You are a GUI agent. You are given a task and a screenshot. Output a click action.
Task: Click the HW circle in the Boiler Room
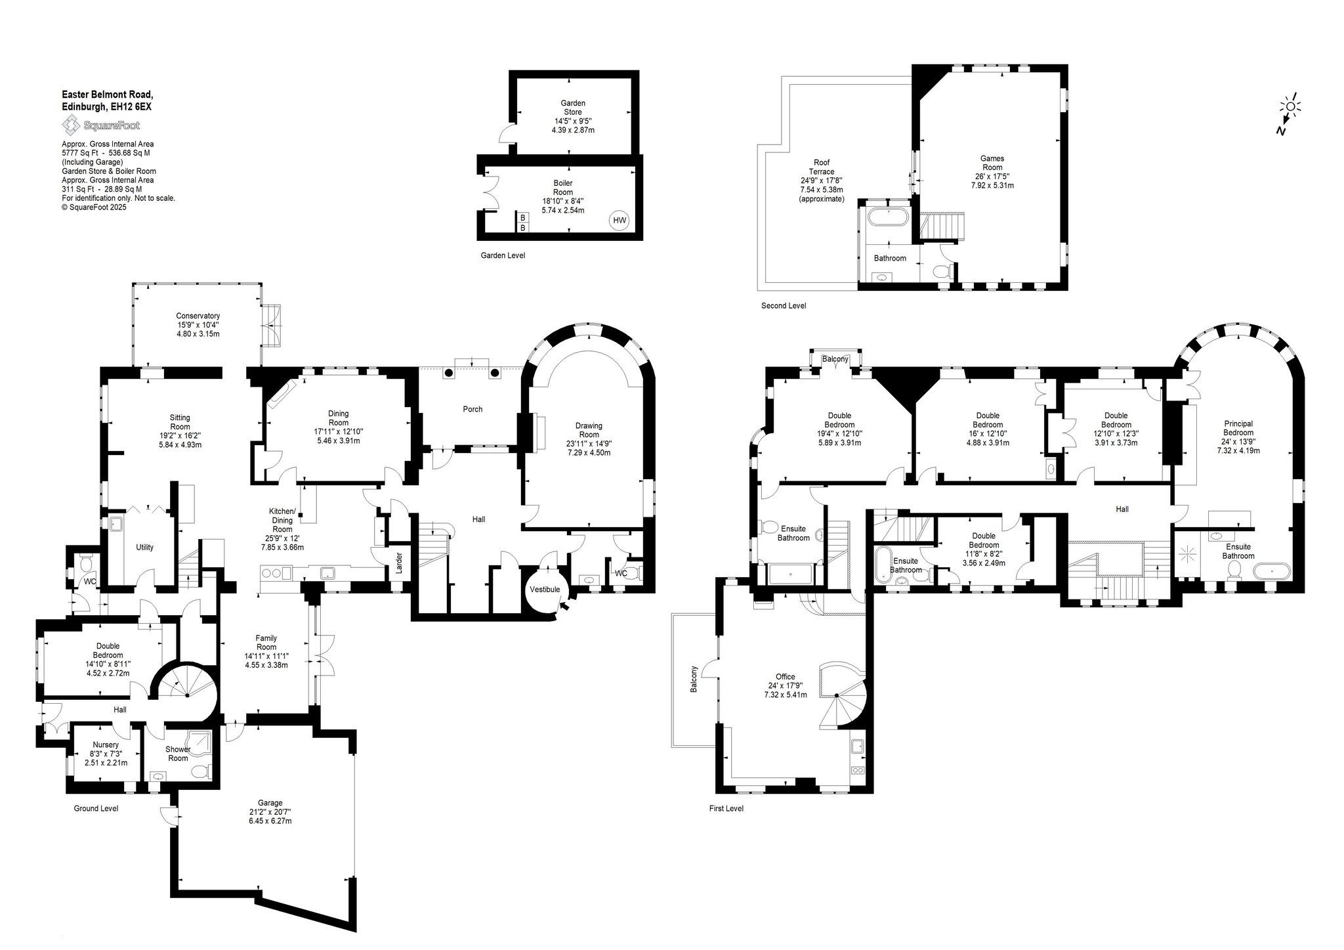pyautogui.click(x=619, y=221)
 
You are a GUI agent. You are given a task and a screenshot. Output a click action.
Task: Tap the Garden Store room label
pyautogui.click(x=573, y=108)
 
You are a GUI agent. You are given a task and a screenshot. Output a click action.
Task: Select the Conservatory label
pyautogui.click(x=198, y=316)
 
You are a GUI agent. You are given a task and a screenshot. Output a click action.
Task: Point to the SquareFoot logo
pyautogui.click(x=100, y=125)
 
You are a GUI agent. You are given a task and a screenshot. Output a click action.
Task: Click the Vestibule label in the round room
pyautogui.click(x=545, y=590)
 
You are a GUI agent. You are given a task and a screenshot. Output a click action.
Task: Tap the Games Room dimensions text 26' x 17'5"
pyautogui.click(x=992, y=177)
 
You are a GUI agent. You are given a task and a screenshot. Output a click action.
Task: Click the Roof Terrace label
pyautogui.click(x=822, y=167)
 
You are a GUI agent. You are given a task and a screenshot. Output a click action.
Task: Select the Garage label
pyautogui.click(x=270, y=803)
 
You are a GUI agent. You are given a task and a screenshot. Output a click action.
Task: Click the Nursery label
pyautogui.click(x=106, y=745)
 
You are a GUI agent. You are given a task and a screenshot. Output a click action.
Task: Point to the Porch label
pyautogui.click(x=472, y=409)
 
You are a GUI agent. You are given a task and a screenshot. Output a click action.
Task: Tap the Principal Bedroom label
pyautogui.click(x=1238, y=428)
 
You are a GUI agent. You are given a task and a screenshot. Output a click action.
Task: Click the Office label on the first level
pyautogui.click(x=785, y=677)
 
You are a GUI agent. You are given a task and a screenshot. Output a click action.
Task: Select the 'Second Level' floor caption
pyautogui.click(x=784, y=306)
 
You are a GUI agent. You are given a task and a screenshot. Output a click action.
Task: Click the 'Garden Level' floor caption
pyautogui.click(x=503, y=255)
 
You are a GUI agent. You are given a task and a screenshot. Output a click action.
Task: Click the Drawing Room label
pyautogui.click(x=589, y=430)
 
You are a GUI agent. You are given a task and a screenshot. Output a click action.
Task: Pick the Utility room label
pyautogui.click(x=144, y=548)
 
